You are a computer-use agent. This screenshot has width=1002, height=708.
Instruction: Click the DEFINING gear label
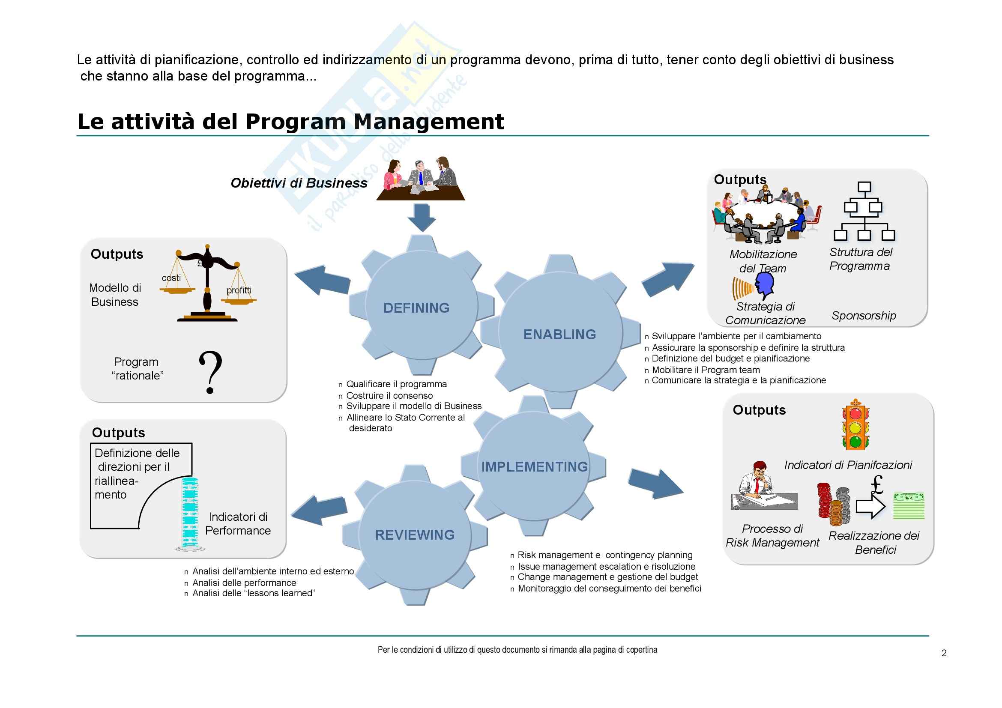click(x=416, y=308)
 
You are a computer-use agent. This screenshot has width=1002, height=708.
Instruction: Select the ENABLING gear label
click(x=559, y=335)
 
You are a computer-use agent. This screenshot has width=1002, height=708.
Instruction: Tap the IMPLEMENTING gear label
click(x=535, y=467)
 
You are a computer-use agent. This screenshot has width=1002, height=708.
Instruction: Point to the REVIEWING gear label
click(x=415, y=535)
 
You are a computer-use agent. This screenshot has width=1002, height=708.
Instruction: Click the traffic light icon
click(x=855, y=425)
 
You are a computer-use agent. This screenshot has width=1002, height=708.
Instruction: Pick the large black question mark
click(x=210, y=372)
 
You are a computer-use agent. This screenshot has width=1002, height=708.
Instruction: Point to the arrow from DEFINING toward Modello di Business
click(x=322, y=280)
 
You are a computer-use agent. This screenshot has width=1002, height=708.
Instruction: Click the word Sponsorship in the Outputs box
click(x=864, y=315)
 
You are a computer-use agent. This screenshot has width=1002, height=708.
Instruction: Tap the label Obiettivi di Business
click(x=299, y=183)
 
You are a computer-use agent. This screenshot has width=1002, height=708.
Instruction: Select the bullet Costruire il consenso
click(x=389, y=396)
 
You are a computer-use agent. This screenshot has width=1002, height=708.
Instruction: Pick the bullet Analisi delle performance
click(x=244, y=583)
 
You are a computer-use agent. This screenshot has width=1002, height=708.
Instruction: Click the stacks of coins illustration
click(x=834, y=504)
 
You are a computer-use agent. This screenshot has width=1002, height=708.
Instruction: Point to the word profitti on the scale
click(x=239, y=290)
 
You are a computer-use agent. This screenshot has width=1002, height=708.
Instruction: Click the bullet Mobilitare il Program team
click(x=706, y=370)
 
